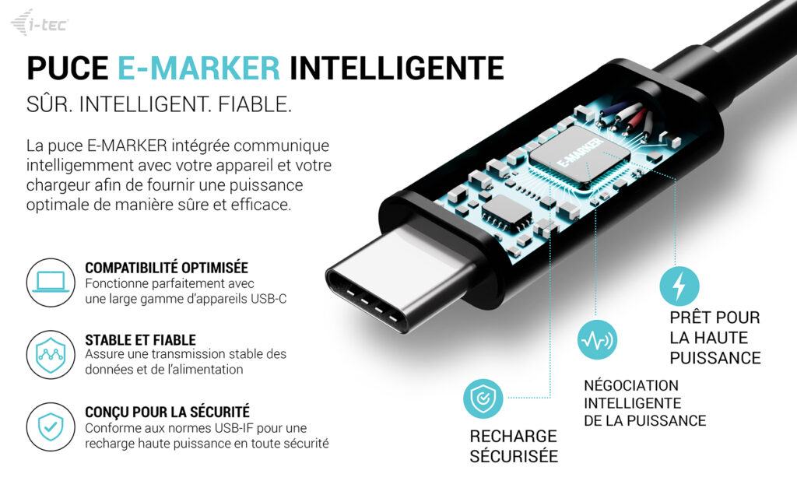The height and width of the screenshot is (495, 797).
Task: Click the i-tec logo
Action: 40,23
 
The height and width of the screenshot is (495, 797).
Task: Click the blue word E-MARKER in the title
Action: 198,68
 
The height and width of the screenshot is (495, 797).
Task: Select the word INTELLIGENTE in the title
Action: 397,68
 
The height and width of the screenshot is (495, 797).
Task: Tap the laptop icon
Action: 51,283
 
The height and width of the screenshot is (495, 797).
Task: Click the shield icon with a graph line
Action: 51,355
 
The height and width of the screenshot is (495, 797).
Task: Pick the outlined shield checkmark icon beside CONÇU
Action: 51,427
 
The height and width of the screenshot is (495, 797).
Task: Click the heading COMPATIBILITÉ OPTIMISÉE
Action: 167,268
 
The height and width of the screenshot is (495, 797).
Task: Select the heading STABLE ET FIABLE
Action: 140,340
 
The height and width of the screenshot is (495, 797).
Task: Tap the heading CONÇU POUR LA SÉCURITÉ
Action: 167,412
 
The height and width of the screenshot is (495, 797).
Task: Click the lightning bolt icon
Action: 679,286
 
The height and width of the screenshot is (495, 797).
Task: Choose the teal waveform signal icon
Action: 597,340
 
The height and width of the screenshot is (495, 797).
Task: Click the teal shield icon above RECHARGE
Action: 483,399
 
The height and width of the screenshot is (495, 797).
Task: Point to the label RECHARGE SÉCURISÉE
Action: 514,446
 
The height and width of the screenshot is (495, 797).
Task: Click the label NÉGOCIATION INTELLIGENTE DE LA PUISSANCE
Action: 645,403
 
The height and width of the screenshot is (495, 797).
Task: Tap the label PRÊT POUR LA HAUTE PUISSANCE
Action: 714,338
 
